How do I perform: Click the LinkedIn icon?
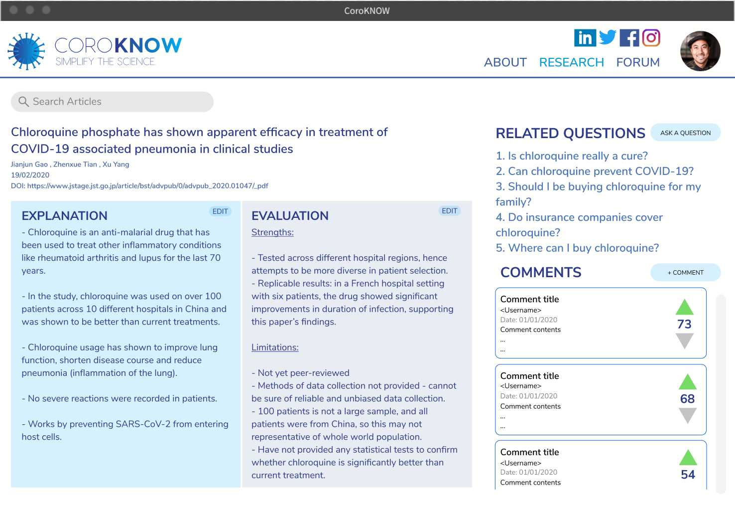(585, 38)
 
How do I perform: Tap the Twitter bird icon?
(608, 37)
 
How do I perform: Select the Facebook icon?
(629, 38)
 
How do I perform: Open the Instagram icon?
(651, 38)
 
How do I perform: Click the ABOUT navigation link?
(505, 62)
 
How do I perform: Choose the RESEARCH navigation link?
(571, 62)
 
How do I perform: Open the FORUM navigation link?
(638, 62)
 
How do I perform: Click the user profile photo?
(700, 51)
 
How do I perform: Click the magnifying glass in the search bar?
(23, 102)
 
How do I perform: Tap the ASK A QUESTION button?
(685, 133)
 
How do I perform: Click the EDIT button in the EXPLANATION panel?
(220, 211)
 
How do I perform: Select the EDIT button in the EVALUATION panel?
(449, 211)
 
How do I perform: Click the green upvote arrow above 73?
(685, 307)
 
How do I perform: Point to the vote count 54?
(688, 475)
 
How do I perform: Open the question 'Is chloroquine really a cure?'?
(572, 156)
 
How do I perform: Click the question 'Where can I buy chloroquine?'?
(577, 248)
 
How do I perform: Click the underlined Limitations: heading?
(275, 348)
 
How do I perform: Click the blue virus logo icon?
(27, 51)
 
